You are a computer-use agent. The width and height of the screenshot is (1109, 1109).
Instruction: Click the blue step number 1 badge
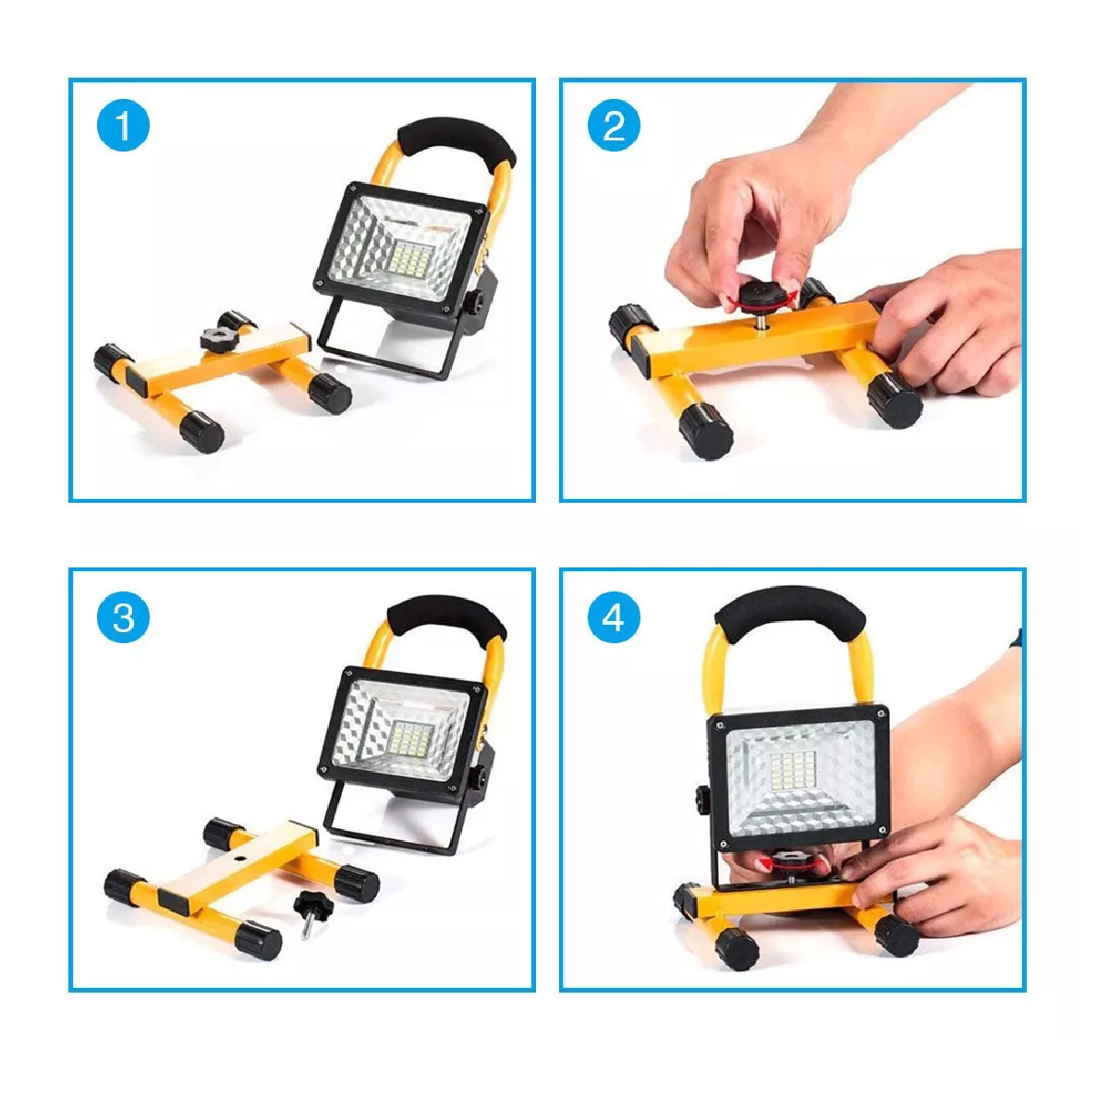tap(123, 126)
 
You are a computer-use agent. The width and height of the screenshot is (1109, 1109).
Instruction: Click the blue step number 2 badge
tap(614, 126)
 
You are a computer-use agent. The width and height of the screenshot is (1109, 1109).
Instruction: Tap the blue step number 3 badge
tap(123, 616)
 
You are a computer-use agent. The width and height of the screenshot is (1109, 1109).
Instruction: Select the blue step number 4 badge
tap(614, 616)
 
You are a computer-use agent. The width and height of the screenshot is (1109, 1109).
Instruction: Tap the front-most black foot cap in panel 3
tap(258, 941)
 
